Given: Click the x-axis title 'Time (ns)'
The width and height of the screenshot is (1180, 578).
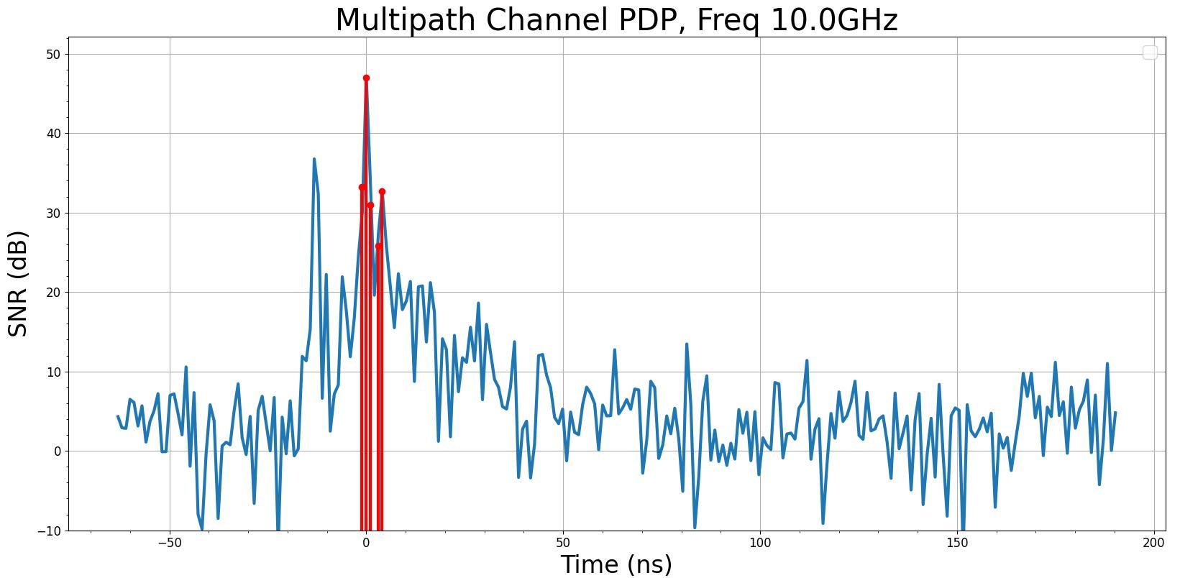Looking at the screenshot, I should coord(616,564).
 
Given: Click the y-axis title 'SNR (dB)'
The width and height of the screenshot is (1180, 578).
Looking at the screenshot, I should coord(19,283).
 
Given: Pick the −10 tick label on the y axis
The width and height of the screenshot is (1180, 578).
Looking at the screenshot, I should coord(52,531).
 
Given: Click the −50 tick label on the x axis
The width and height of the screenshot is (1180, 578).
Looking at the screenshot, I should coord(170,543).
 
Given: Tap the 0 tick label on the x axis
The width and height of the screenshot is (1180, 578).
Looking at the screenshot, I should coord(366,543).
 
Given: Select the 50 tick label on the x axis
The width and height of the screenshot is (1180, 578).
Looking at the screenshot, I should coord(563,543).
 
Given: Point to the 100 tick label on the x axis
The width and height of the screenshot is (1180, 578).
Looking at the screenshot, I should coord(760,543).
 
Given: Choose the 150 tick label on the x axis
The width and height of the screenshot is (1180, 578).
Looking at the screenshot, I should coord(957,543).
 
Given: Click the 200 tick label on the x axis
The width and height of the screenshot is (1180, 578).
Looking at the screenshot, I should coord(1154,543).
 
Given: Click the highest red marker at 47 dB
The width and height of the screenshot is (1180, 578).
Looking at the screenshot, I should coord(366,78).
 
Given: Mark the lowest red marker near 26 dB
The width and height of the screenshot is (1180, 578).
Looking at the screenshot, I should coord(378,247).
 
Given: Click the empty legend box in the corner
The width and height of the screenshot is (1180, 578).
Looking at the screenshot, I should coord(1150,52).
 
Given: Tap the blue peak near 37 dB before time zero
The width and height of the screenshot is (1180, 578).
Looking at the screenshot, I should coord(314,160).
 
